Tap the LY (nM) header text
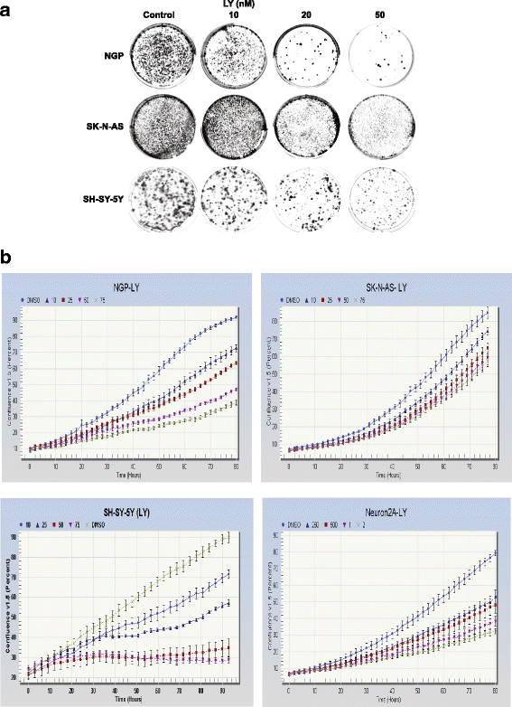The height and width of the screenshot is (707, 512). click(235, 6)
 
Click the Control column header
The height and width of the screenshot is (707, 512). click(162, 17)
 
